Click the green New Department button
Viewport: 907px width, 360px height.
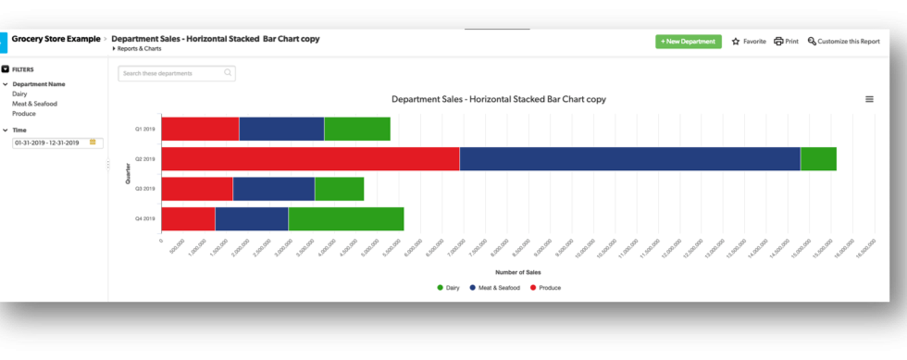[x=688, y=42]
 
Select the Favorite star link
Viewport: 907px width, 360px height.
[x=749, y=42]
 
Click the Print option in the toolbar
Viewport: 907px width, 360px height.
[x=786, y=42]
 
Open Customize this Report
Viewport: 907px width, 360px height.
[x=843, y=42]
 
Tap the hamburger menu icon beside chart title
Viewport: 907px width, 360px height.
[x=869, y=99]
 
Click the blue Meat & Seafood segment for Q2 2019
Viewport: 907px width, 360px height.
[x=629, y=159]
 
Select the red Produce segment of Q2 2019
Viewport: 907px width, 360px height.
[x=310, y=159]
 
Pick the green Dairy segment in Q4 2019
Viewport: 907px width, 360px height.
[x=345, y=218]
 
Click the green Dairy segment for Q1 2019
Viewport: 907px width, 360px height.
[x=356, y=129]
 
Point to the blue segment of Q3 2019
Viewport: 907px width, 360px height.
[x=273, y=189]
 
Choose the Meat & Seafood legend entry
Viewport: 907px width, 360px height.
[x=495, y=288]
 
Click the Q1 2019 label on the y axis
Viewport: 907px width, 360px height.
[x=144, y=130]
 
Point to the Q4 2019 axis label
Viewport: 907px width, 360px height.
[x=144, y=219]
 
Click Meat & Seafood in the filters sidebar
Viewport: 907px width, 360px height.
[x=34, y=104]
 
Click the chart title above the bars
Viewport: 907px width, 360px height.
[x=498, y=99]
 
